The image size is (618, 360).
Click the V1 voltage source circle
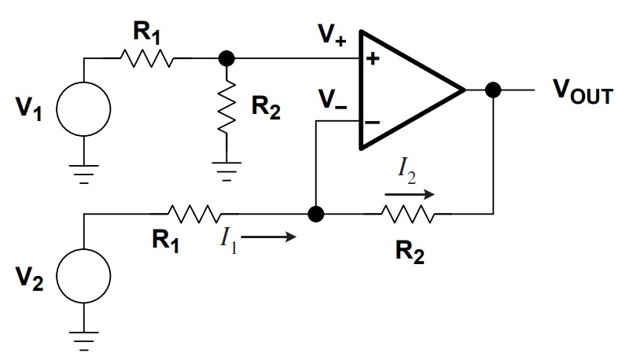[83, 82]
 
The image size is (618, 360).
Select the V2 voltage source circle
[83, 248]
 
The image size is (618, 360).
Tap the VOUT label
[583, 91]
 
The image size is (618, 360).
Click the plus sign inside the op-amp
[373, 59]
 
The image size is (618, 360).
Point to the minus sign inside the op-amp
[373, 123]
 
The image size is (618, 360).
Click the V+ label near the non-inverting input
[333, 35]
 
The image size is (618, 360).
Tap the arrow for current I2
[410, 194]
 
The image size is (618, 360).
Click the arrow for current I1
[268, 237]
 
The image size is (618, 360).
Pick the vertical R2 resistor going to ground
[226, 106]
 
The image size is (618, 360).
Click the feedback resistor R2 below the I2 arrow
[409, 215]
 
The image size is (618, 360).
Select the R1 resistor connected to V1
[146, 58]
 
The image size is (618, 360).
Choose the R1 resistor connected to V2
[194, 214]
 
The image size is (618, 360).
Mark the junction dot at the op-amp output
[493, 90]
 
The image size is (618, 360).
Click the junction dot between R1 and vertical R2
[226, 59]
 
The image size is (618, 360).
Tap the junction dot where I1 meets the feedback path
[316, 215]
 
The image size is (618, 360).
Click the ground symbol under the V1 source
[83, 174]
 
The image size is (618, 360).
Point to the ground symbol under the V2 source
[83, 341]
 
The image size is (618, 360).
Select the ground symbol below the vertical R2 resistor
[226, 171]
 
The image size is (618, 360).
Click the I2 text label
[406, 172]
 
